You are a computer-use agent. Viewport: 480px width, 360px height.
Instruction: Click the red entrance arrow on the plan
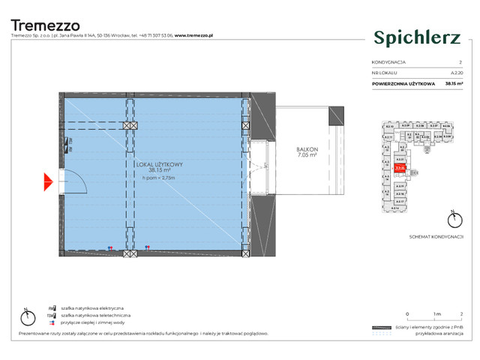pyautogui.click(x=47, y=181)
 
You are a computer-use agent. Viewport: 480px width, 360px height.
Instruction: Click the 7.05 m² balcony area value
pyautogui.click(x=307, y=156)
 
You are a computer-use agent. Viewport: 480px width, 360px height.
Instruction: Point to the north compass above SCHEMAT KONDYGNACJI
pyautogui.click(x=452, y=220)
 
